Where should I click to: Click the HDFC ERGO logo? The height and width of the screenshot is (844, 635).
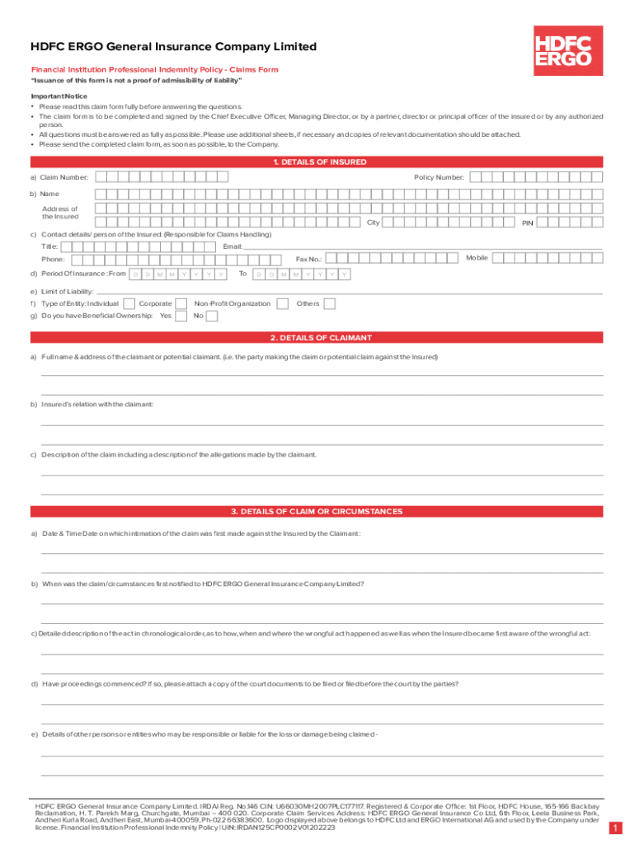pos(563,49)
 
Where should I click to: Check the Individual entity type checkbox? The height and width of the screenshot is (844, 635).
pos(129,304)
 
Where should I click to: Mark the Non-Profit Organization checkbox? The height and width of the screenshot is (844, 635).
pos(280,304)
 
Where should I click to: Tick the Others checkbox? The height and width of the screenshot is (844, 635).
pos(330,304)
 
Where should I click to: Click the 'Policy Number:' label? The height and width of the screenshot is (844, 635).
pos(439,177)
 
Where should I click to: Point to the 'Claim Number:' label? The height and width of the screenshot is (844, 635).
pos(64,177)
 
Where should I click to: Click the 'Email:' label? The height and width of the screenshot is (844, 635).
pos(233,246)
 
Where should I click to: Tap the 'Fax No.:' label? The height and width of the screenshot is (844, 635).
pos(308,260)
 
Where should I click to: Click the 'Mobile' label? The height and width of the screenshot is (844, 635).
pos(477,258)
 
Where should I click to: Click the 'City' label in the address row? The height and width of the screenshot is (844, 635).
pos(373,223)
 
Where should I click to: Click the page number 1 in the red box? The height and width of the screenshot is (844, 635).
pos(615,828)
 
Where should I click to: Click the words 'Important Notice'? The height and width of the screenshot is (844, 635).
pos(59,96)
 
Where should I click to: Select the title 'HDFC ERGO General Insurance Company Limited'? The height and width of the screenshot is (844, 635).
pos(173,47)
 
